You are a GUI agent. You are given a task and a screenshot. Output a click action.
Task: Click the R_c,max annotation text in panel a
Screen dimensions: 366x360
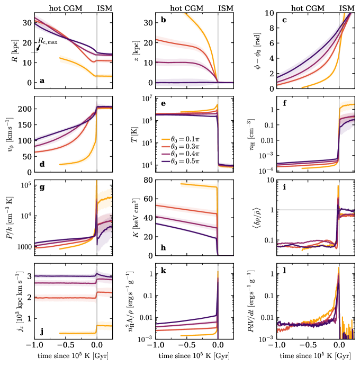click(x=48, y=41)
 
